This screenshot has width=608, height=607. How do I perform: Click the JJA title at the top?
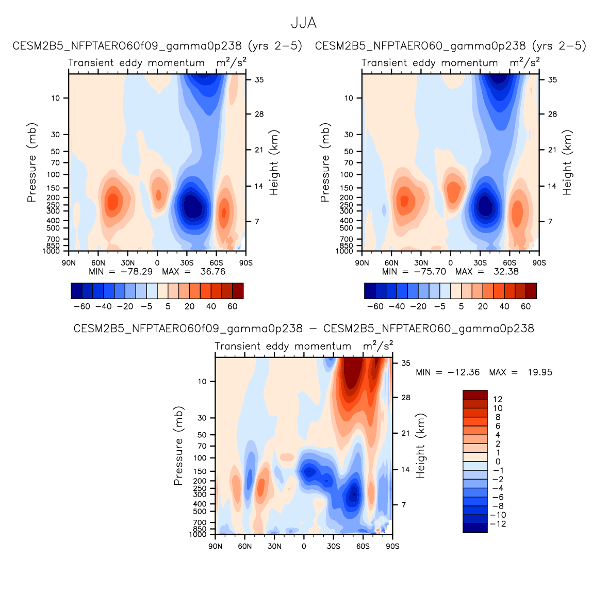pos(303,23)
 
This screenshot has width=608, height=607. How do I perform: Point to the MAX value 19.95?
pos(539,372)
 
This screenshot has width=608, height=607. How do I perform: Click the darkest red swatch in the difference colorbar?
pos(475,395)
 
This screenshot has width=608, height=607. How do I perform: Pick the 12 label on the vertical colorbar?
pos(498,399)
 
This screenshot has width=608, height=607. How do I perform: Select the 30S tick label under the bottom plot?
pos(333,546)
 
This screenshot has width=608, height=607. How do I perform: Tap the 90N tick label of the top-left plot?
pos(69,263)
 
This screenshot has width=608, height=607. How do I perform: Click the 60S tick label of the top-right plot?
pos(510,263)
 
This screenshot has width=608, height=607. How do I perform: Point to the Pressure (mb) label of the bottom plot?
pos(178,446)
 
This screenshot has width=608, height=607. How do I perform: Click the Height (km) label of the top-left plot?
pos(274,162)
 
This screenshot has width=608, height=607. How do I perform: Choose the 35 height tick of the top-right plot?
pos(552,80)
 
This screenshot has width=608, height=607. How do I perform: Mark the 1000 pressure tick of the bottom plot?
pos(198,534)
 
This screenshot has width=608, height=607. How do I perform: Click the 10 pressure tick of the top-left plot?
pos(56,98)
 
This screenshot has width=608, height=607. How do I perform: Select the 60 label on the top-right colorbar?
pos(525,306)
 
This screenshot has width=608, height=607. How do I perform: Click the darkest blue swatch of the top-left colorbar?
pos(76,291)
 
